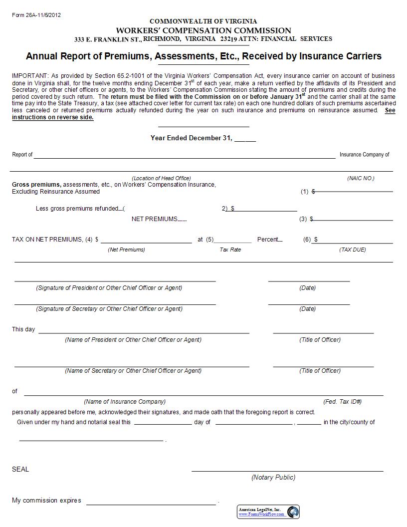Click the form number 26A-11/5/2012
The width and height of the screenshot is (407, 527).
[x=36, y=15]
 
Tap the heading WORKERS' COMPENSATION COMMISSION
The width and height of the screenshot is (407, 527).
[x=203, y=30]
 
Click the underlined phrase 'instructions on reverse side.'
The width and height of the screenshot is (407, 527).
[x=53, y=117]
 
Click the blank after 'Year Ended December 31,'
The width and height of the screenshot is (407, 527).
[x=245, y=139]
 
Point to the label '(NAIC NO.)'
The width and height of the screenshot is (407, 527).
[x=361, y=178]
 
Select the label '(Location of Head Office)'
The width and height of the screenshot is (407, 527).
[x=161, y=178]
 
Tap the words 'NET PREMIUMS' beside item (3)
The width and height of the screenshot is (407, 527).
[x=155, y=219]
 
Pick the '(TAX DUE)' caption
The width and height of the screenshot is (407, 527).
[x=353, y=250]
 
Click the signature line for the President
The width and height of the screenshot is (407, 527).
[x=115, y=280]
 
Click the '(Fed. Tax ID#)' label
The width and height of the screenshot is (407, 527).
[x=343, y=401]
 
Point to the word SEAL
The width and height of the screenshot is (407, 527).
[x=20, y=469]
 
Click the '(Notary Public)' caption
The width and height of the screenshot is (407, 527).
[x=273, y=477]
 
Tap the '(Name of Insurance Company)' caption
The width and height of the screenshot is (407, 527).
[x=125, y=401]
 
